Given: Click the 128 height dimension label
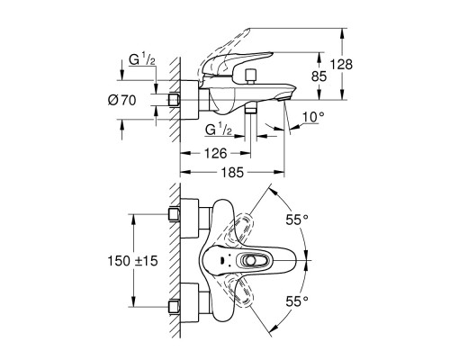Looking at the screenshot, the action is (x=341, y=65).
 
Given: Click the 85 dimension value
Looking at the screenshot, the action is (x=319, y=76).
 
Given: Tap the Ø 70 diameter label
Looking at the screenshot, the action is (x=121, y=100).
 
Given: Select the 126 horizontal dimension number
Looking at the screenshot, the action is (x=216, y=154).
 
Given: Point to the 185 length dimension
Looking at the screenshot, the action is (x=232, y=173).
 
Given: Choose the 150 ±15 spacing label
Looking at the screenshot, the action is (x=132, y=261).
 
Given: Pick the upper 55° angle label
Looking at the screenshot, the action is (x=297, y=220).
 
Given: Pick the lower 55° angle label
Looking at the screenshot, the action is (x=297, y=301).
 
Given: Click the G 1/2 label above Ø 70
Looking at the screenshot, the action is (x=142, y=60).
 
